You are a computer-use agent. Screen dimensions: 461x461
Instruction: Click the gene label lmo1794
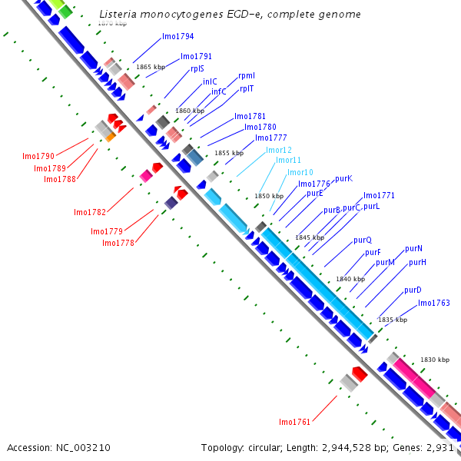coord(177,36)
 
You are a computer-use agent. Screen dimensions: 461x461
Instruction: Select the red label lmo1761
coord(295,422)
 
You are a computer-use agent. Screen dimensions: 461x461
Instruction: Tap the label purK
coord(343,178)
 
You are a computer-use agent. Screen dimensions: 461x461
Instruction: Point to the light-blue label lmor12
coord(279,150)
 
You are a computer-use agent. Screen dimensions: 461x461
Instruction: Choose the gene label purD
coord(413,290)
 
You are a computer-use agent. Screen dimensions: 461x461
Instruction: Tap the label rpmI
coord(247,75)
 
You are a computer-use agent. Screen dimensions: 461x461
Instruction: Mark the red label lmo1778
coord(118,243)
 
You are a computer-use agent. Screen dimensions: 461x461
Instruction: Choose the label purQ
coord(363,240)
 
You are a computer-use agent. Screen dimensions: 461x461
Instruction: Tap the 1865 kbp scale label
coord(151,67)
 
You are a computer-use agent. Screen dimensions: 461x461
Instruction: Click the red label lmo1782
coord(90,212)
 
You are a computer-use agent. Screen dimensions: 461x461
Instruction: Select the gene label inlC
coord(210,81)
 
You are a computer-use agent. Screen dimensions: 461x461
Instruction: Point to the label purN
coord(413,248)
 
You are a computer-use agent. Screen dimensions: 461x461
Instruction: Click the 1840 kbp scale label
coord(350,279)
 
